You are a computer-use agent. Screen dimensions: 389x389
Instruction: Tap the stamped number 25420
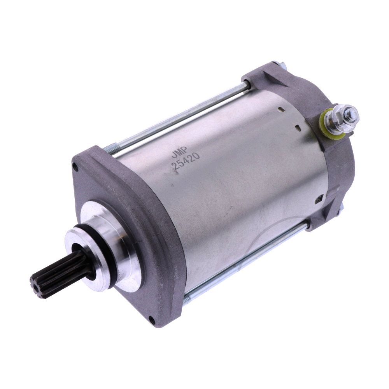click(x=186, y=161)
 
